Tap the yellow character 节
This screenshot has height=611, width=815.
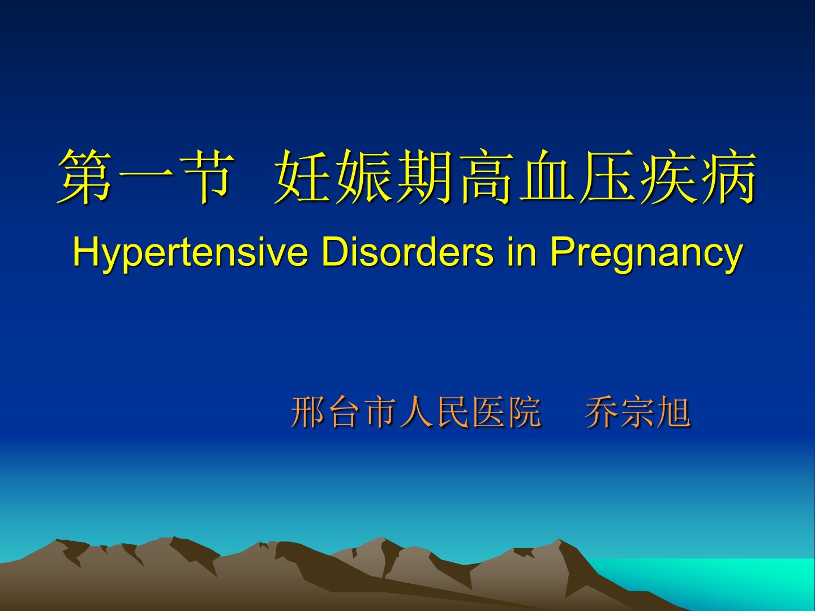click(x=207, y=177)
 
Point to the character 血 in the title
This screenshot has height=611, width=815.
click(x=546, y=177)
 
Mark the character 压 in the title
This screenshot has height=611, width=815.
click(x=607, y=177)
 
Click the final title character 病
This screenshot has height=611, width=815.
click(x=728, y=177)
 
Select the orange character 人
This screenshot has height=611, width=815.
click(x=416, y=412)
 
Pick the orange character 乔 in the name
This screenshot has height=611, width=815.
click(x=602, y=412)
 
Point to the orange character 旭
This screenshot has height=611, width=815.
click(x=674, y=412)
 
